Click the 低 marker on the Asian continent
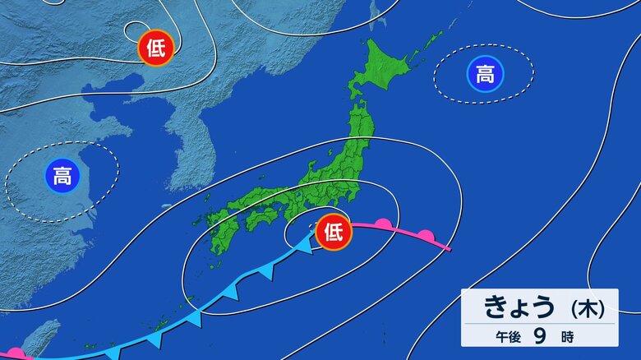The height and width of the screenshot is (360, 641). [x=156, y=49]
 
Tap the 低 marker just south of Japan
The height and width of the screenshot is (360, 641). [x=334, y=231]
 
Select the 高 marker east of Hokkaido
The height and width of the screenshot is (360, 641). [x=485, y=75]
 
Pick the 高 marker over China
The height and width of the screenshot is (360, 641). [x=62, y=175]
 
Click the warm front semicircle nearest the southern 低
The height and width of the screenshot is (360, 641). [x=383, y=223]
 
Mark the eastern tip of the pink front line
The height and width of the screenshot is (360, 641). [x=450, y=249]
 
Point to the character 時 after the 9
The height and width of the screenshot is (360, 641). [x=568, y=336]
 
